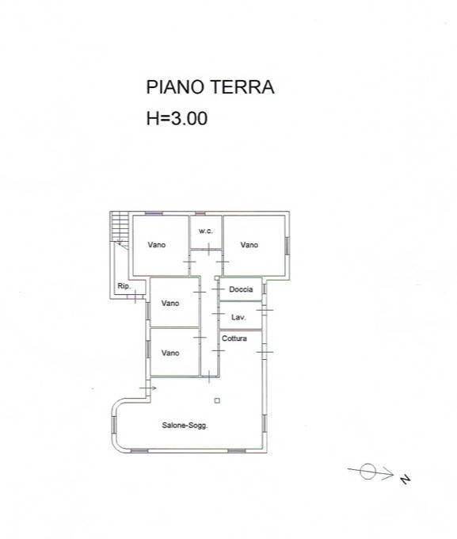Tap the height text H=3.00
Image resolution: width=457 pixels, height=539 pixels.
click(177, 120)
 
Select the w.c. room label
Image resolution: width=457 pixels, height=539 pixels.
click(205, 231)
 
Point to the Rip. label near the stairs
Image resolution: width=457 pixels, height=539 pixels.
click(123, 286)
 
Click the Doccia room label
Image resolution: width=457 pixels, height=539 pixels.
click(241, 289)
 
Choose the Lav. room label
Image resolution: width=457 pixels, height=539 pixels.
click(238, 317)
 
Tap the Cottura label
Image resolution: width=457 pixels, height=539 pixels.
click(234, 339)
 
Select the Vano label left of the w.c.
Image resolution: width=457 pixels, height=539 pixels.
click(156, 245)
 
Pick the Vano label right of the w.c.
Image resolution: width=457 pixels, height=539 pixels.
click(249, 245)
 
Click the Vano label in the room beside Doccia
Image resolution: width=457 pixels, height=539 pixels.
click(170, 303)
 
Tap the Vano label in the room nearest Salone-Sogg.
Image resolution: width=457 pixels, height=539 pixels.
click(170, 353)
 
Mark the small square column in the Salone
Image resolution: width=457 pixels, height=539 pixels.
click(217, 400)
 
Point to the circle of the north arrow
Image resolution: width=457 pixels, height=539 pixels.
click(368, 472)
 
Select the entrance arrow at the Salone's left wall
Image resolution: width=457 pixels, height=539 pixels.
click(148, 388)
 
